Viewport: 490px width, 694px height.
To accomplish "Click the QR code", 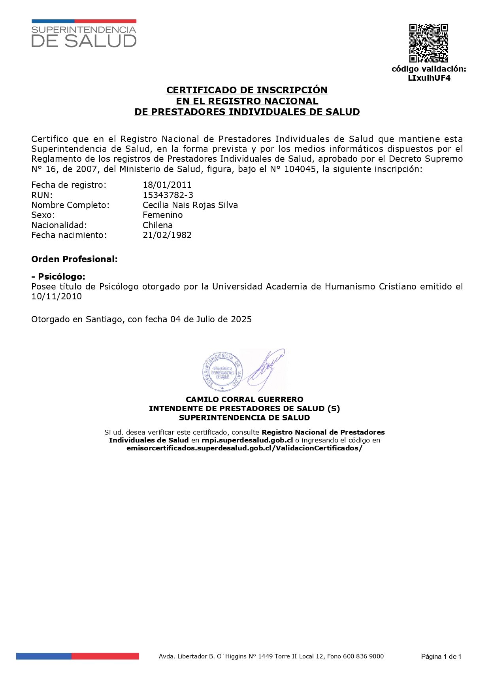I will click(428, 43).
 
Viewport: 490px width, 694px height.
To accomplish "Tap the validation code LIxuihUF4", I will click(429, 78).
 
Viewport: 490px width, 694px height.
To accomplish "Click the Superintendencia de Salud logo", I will click(84, 34).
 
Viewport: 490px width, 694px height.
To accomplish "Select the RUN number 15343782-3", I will click(168, 195).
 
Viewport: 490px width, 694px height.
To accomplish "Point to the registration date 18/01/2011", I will click(167, 185).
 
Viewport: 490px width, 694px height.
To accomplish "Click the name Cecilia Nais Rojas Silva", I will click(190, 205).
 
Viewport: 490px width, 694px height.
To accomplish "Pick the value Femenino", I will click(162, 215).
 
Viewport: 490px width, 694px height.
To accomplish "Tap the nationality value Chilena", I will click(158, 225).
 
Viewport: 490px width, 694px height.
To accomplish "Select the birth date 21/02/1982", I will click(167, 235).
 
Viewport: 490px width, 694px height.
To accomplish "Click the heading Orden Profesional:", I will click(74, 259).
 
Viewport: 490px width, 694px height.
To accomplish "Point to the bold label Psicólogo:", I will click(61, 276).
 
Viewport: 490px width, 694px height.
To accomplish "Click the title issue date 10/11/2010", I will click(57, 296).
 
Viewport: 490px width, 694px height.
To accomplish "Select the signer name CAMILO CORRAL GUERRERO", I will click(245, 399).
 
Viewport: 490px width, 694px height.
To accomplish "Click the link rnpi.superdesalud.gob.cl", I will click(247, 440).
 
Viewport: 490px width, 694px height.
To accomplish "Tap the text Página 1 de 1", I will click(441, 656).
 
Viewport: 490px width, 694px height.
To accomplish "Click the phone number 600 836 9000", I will click(363, 656).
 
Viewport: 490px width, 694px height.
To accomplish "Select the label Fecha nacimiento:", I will click(69, 235).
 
